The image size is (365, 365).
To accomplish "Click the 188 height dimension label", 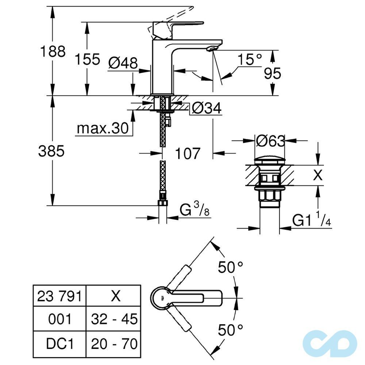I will (52, 51).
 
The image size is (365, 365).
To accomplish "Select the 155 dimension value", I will (87, 59).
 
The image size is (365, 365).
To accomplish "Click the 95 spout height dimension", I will (272, 73).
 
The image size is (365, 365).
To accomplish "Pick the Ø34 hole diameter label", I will (207, 108).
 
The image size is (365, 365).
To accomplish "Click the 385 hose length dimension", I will (51, 151).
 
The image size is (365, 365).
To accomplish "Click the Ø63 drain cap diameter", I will (270, 141).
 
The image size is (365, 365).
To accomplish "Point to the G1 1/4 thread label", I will (311, 220).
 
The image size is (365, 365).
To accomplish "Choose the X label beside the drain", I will (318, 176).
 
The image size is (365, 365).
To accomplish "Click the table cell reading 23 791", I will (59, 296).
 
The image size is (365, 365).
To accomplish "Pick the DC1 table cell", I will (59, 343).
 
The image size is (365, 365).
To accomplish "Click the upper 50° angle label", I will (231, 268).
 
